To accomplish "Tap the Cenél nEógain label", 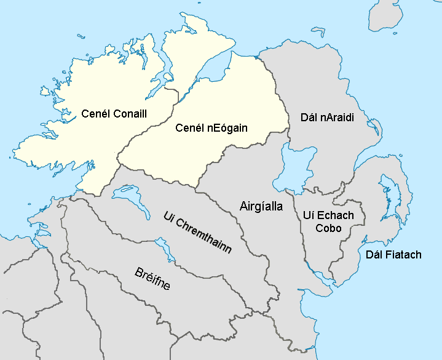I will click(211, 128).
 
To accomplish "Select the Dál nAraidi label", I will click(328, 117).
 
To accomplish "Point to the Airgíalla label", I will click(261, 207).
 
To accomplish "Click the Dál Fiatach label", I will click(393, 254).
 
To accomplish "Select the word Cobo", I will click(329, 228).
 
